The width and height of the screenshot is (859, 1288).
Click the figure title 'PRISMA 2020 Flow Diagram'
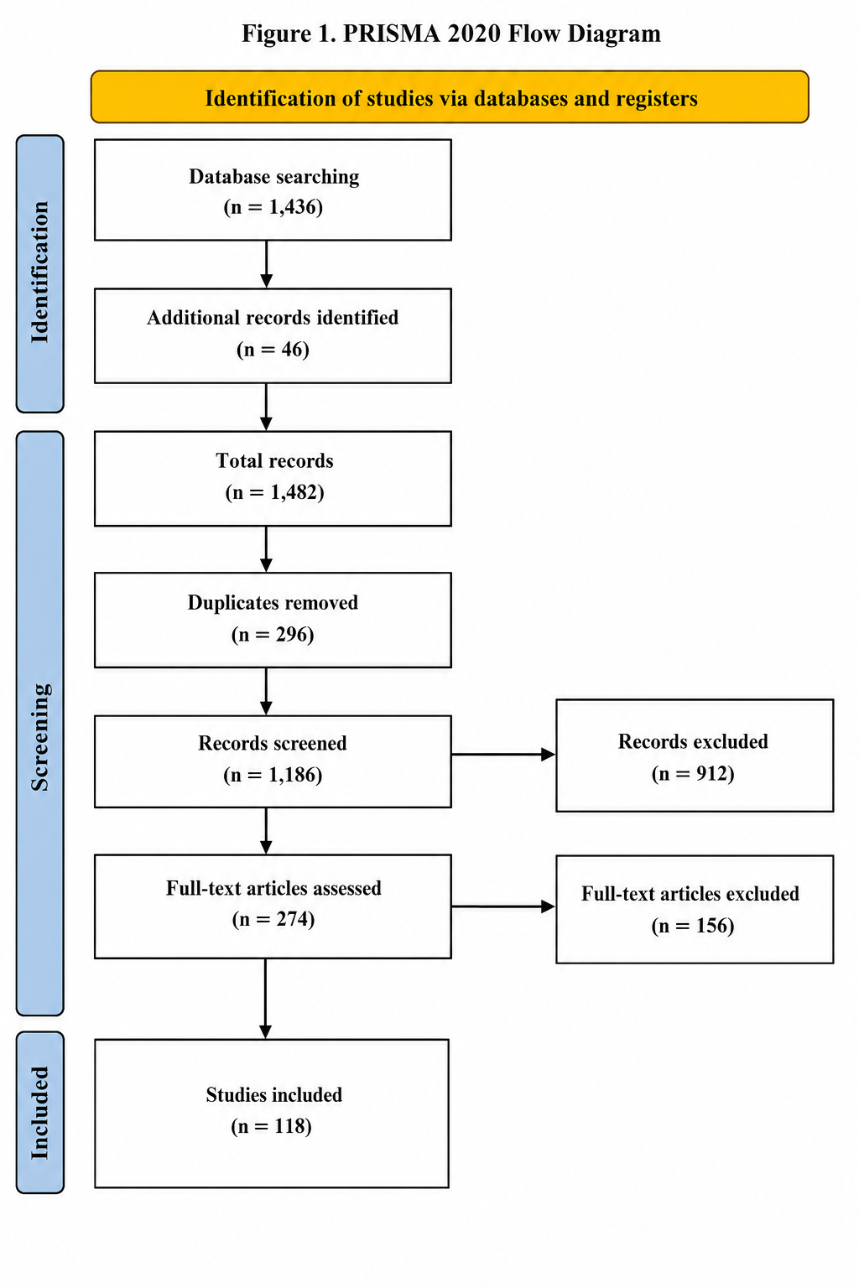[x=502, y=34]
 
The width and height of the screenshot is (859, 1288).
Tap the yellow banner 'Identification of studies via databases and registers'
[x=450, y=97]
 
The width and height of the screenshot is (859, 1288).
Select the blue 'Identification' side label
[x=39, y=273]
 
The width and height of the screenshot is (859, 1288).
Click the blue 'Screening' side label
[x=39, y=724]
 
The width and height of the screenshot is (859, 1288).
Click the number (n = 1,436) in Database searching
[x=273, y=207]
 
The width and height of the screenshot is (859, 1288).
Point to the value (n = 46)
[x=273, y=349]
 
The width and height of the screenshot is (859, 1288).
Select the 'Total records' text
[x=274, y=460]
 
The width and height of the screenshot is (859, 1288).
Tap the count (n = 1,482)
[x=274, y=492]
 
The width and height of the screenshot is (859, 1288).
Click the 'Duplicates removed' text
[x=273, y=603]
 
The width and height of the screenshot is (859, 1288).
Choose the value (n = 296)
[x=273, y=634]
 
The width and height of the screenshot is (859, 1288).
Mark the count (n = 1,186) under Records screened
[x=273, y=775]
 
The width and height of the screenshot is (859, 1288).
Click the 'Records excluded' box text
[x=693, y=742]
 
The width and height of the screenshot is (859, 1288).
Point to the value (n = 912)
[x=693, y=773]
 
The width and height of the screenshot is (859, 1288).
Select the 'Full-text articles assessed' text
[x=273, y=888]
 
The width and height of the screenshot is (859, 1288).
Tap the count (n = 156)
[x=693, y=926]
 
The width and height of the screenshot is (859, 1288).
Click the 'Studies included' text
[x=273, y=1095]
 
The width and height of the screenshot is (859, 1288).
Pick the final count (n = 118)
[x=272, y=1126]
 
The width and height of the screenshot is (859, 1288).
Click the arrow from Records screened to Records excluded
[x=503, y=755]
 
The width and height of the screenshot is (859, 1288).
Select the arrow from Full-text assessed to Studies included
[x=266, y=999]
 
